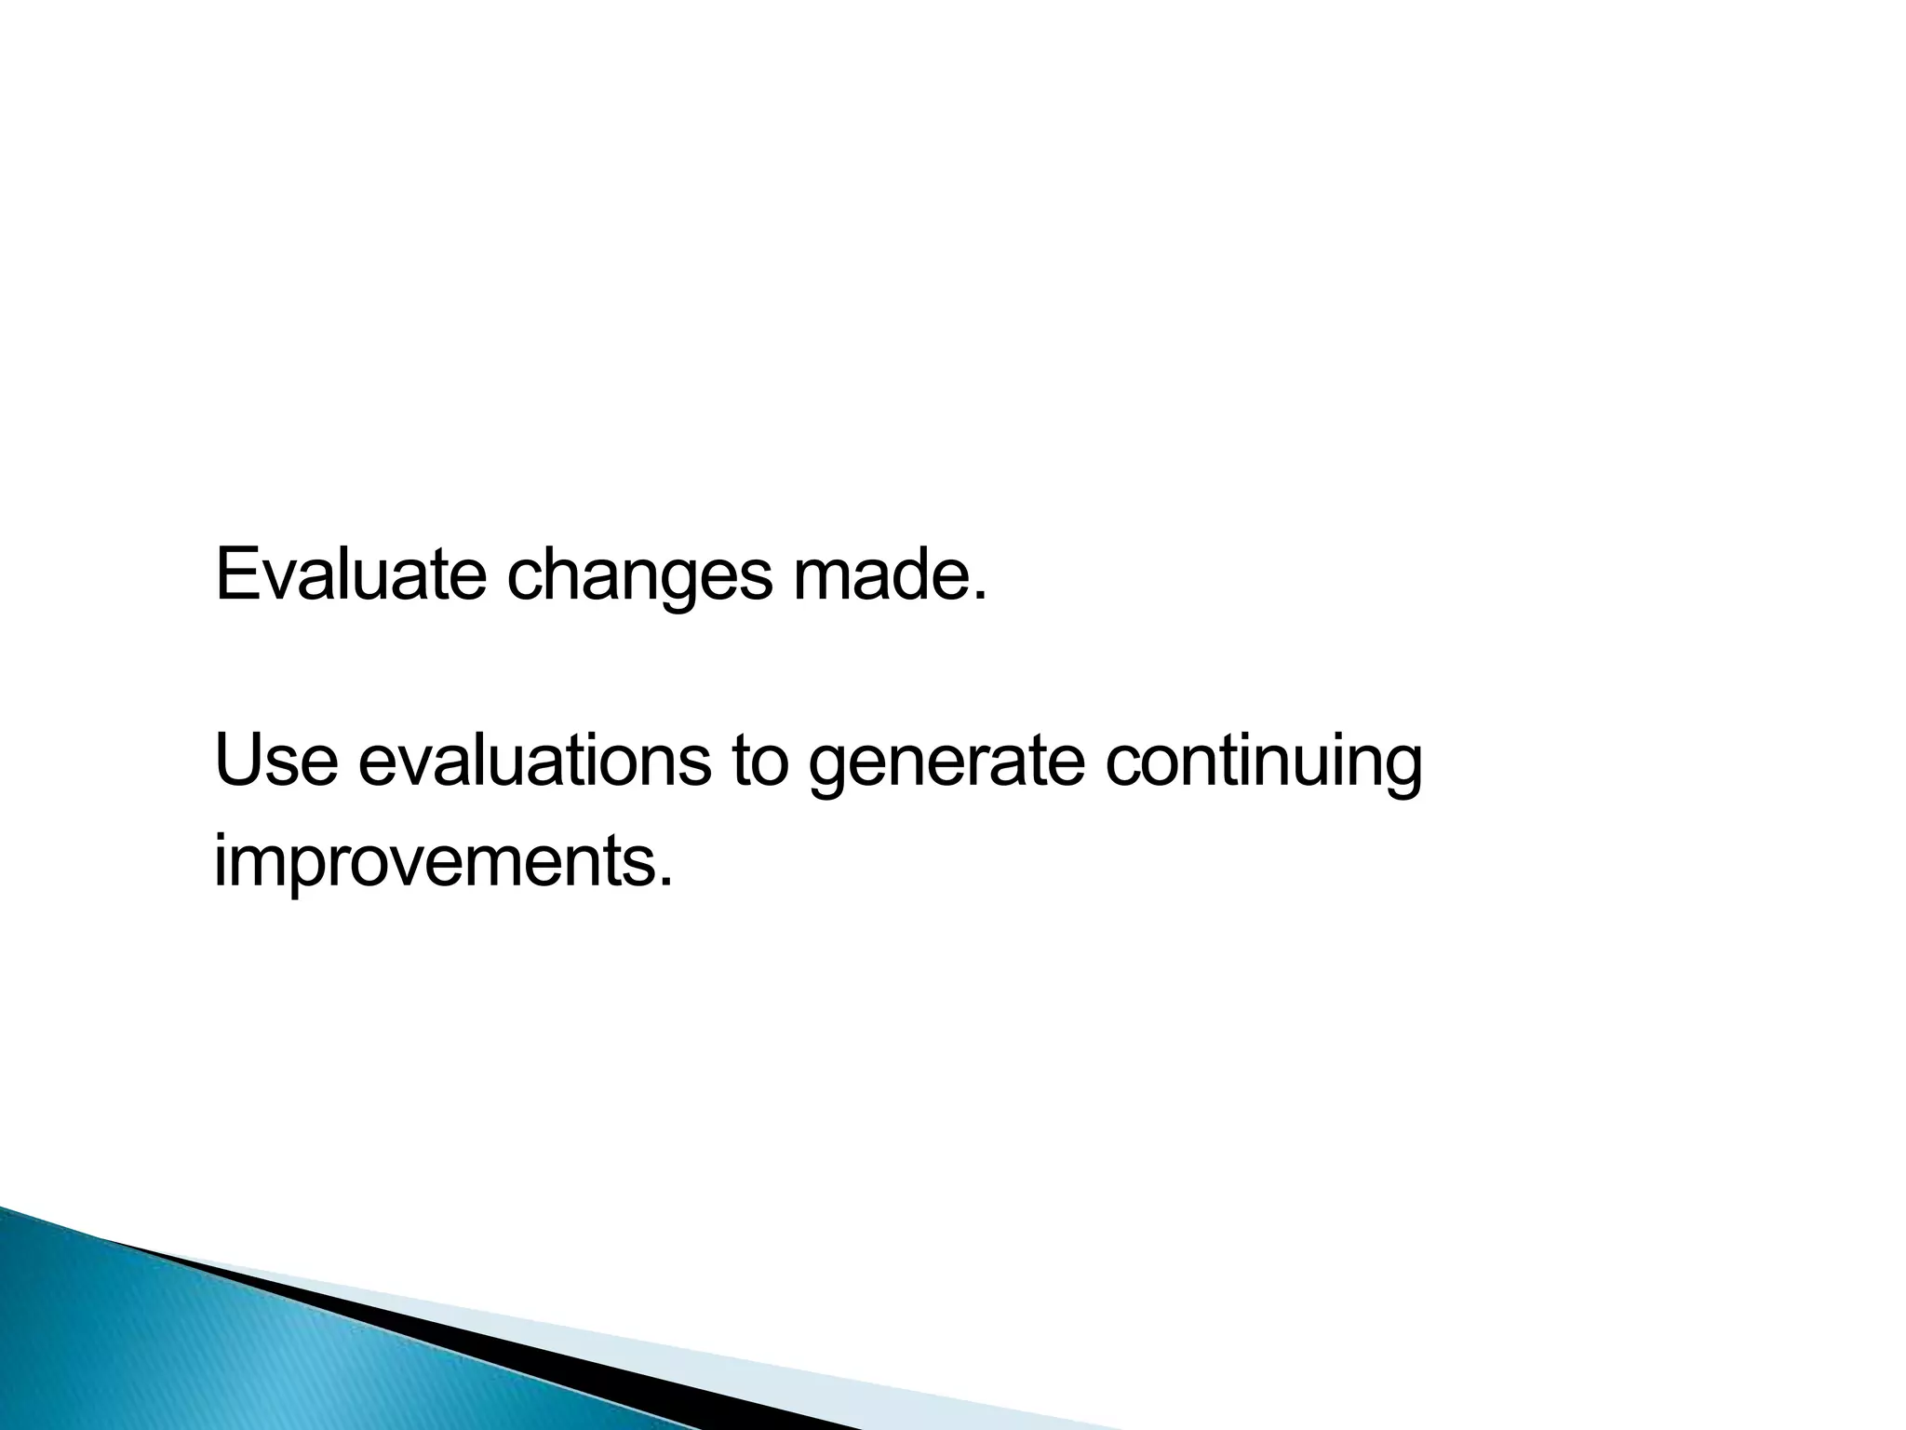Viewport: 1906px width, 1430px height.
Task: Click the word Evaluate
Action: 350,574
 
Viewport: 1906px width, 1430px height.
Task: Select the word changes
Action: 639,577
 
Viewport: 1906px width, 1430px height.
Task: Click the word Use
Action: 275,761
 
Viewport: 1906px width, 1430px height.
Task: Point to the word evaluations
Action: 534,761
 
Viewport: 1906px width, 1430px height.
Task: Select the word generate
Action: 946,765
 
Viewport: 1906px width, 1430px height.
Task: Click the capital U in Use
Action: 236,761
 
